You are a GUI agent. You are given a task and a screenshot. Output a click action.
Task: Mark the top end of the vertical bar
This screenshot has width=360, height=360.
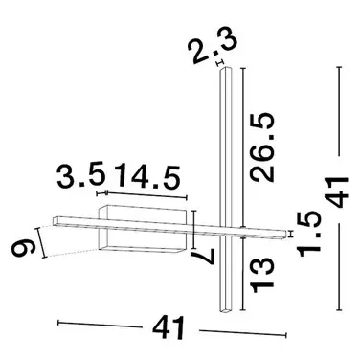(225, 76)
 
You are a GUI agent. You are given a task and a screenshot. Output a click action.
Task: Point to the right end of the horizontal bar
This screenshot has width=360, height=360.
(281, 232)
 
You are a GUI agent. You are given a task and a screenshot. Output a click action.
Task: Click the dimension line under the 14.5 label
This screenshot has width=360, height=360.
(143, 197)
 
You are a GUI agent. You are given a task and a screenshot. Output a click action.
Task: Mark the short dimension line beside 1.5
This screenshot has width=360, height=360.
(290, 231)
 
